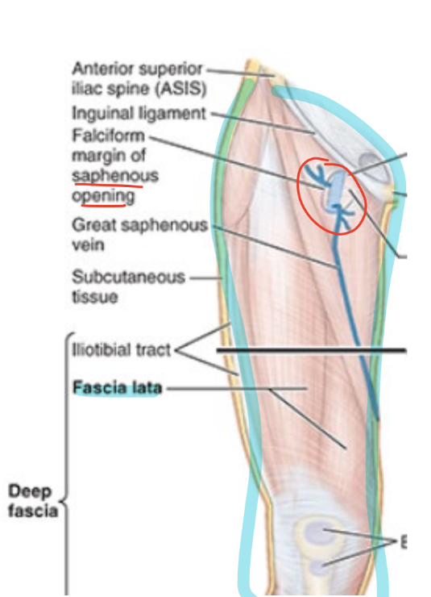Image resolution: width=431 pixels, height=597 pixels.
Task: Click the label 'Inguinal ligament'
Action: click(x=139, y=113)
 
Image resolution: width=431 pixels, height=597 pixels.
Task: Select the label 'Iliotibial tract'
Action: click(x=122, y=350)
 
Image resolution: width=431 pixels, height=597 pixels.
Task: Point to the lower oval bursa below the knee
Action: click(x=319, y=567)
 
